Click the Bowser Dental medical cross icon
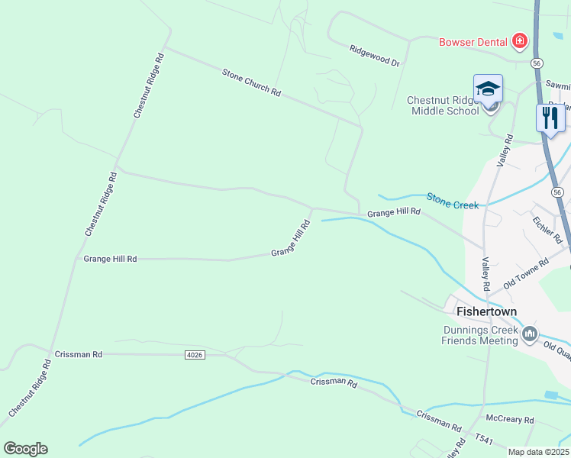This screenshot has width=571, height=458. tap(520, 40)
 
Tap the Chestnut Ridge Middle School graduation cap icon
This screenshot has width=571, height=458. tap(488, 89)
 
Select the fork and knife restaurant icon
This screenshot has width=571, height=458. tap(550, 117)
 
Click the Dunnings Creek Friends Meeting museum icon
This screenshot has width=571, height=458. tap(528, 334)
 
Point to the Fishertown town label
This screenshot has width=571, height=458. tap(486, 311)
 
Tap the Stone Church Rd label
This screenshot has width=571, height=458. tap(251, 82)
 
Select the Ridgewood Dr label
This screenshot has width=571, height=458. tap(375, 55)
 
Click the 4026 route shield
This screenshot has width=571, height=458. tap(195, 355)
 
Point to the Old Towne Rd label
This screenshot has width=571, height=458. tap(526, 273)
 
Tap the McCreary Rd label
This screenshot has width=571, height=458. tap(510, 420)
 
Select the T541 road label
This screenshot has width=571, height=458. tap(485, 439)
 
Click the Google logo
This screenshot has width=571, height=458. tap(25, 449)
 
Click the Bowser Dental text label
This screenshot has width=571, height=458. tap(473, 41)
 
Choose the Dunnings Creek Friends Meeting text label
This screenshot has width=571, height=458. tap(479, 335)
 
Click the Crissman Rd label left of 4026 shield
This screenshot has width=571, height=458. tap(79, 355)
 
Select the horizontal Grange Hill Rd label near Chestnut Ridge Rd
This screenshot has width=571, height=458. tap(110, 260)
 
